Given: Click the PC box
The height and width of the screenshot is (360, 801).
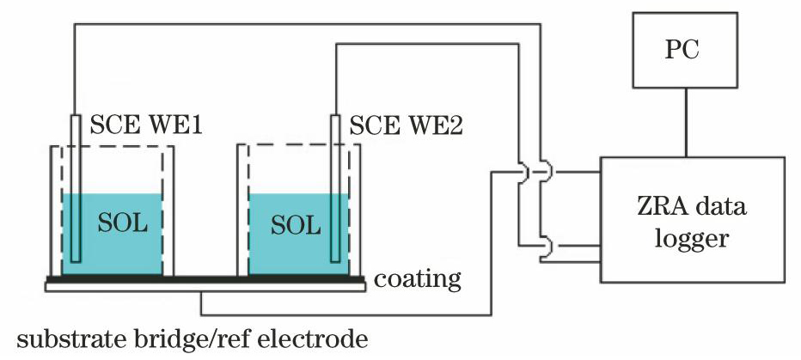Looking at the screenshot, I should click(x=685, y=51).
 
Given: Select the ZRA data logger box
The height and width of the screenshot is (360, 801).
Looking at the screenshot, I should click(x=691, y=220).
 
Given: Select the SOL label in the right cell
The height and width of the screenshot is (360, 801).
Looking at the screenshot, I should click(x=296, y=225).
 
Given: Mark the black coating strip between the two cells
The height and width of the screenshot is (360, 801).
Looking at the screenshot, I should click(x=206, y=280).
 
